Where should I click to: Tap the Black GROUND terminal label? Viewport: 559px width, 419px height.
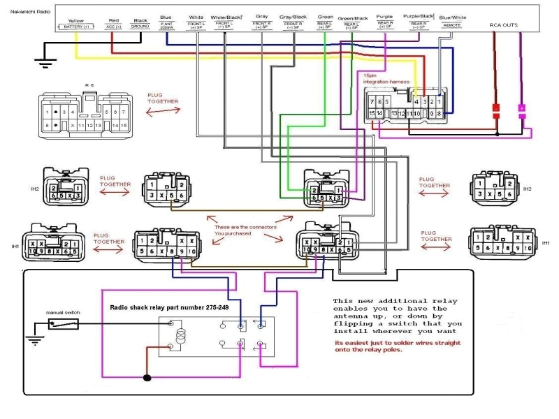(140, 23)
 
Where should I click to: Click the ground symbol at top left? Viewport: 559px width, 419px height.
(45, 63)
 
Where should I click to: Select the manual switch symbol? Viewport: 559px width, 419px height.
(62, 324)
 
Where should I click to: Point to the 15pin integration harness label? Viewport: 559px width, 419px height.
(385, 78)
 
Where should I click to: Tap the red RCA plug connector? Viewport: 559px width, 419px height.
(496, 110)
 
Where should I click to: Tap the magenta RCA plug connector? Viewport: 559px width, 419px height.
(521, 110)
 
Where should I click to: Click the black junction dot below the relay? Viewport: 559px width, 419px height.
(147, 379)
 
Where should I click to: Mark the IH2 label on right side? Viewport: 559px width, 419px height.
(527, 189)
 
